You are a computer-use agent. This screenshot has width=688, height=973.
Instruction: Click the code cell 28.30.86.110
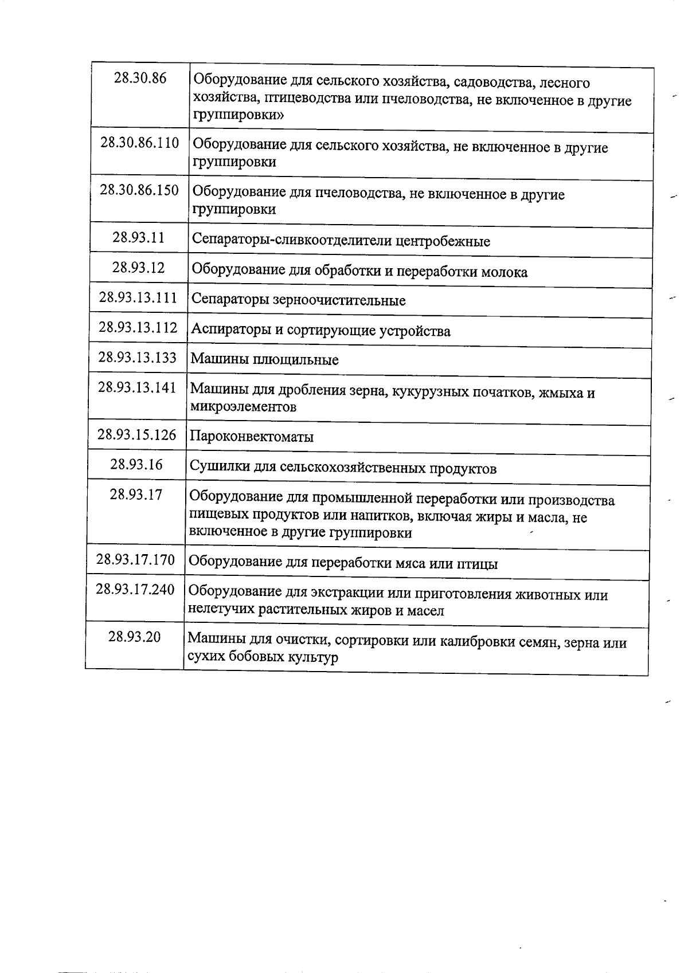click(140, 143)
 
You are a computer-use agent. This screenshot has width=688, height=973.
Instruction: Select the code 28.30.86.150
click(139, 190)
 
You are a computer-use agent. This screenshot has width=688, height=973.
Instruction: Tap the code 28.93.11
click(139, 237)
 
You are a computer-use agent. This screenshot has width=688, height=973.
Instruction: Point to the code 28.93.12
click(138, 267)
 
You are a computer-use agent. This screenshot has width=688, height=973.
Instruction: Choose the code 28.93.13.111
click(138, 297)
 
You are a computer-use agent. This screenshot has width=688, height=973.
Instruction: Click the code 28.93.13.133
click(138, 357)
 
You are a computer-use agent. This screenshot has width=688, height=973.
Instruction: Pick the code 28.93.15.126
click(137, 434)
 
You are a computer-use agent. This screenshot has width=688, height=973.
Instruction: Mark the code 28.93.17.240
click(135, 589)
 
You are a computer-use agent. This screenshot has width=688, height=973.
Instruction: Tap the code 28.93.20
click(135, 637)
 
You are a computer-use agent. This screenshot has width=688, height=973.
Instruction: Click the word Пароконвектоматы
click(252, 437)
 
